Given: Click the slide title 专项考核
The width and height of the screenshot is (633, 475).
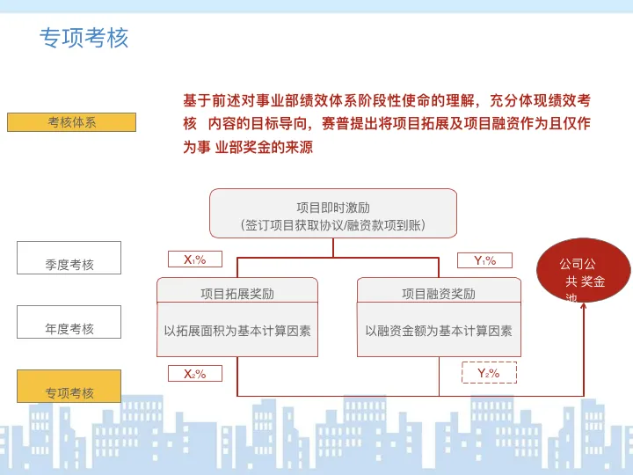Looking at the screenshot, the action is (84, 38).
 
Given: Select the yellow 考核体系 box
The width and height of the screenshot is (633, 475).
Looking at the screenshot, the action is (71, 122).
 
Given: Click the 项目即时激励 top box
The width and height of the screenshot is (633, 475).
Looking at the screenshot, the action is (332, 208).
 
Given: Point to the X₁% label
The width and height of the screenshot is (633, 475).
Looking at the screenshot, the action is (194, 259).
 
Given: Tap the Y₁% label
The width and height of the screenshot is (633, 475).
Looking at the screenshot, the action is (484, 260).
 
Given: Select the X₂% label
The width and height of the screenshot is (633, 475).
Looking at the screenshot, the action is (194, 374).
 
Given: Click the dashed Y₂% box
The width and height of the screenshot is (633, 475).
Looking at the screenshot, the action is (489, 373).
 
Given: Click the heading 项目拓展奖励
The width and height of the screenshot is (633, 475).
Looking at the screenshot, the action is (237, 294).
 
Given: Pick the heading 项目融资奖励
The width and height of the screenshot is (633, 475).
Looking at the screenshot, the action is (438, 294).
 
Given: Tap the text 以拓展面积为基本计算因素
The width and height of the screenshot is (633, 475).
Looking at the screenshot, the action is (237, 331).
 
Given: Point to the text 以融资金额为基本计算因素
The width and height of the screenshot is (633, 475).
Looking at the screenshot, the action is (438, 331).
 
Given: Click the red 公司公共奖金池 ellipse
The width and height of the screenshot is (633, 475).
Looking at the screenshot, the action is (584, 270).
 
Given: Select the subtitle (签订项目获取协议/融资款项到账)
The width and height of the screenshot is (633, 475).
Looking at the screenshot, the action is (332, 225).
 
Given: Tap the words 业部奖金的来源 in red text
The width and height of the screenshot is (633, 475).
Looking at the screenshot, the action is (264, 148).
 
